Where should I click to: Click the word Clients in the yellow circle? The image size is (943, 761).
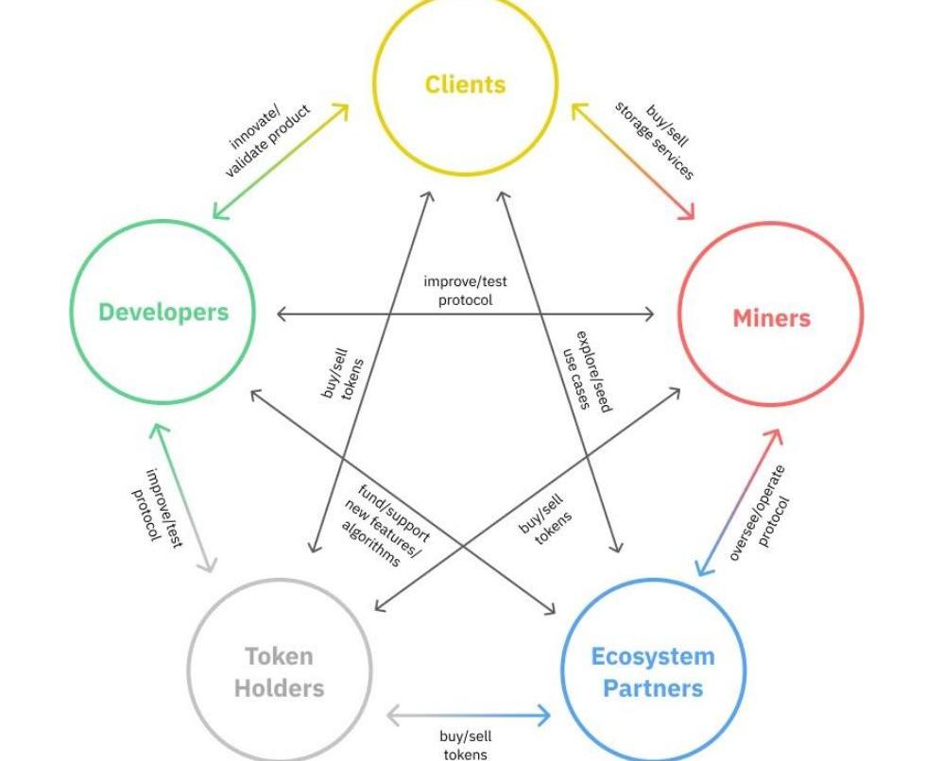click(x=465, y=84)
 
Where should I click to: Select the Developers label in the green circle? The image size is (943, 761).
click(x=163, y=312)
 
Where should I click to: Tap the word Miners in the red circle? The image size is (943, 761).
click(x=771, y=317)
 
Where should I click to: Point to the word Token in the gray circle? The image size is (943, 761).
click(x=279, y=656)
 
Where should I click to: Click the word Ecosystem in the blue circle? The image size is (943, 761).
click(x=653, y=656)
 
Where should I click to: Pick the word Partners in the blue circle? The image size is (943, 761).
click(x=653, y=687)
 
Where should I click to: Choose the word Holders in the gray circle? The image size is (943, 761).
click(x=279, y=687)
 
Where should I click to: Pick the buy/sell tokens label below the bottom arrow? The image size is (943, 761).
click(x=465, y=745)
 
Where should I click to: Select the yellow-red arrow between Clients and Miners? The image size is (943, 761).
click(x=632, y=162)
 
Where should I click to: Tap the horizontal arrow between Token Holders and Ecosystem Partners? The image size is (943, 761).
click(x=468, y=715)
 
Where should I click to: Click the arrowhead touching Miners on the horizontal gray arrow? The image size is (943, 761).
click(x=648, y=314)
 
